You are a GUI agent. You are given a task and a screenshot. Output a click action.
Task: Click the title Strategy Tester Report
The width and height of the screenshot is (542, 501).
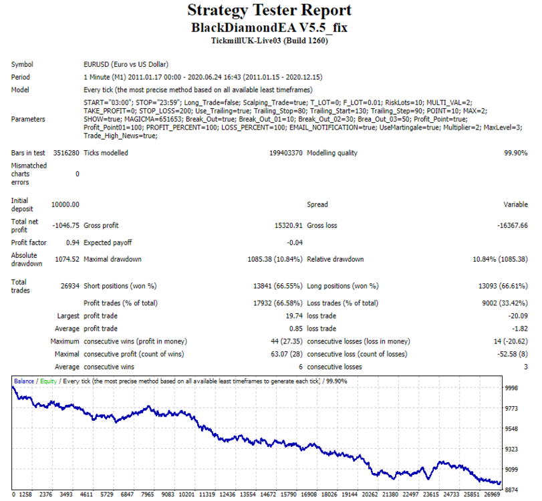pyautogui.click(x=269, y=11)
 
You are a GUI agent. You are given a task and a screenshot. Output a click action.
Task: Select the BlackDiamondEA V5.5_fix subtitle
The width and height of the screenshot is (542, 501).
pyautogui.click(x=269, y=27)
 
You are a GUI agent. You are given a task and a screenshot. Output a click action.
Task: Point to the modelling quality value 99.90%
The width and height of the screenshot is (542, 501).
pyautogui.click(x=515, y=153)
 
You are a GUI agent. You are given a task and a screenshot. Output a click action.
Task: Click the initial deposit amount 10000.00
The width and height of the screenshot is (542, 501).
pyautogui.click(x=65, y=204)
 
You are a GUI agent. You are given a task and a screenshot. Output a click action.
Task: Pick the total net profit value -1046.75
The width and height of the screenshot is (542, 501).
pyautogui.click(x=65, y=226)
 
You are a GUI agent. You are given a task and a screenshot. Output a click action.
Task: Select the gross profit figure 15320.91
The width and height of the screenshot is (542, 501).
pyautogui.click(x=288, y=226)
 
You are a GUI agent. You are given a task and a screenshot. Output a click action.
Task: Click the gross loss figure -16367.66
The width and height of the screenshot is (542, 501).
pyautogui.click(x=513, y=226)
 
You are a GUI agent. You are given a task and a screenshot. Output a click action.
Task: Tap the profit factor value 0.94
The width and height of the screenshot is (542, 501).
pyautogui.click(x=73, y=243)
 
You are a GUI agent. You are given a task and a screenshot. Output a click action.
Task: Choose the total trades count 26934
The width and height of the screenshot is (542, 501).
pyautogui.click(x=70, y=286)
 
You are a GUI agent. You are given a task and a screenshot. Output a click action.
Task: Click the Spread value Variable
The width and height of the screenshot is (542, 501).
pyautogui.click(x=515, y=204)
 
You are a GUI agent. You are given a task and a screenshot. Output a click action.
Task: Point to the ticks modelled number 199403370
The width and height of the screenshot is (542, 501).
pyautogui.click(x=286, y=153)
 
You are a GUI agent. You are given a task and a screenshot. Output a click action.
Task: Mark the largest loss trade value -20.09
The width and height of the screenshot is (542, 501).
pyautogui.click(x=518, y=316)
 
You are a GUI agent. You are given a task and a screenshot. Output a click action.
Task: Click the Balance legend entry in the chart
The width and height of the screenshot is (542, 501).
pyautogui.click(x=24, y=381)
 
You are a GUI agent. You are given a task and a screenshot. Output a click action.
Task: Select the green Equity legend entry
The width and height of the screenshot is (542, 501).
pyautogui.click(x=48, y=381)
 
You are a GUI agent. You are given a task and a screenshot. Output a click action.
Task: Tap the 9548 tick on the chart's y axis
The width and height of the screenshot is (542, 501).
pyautogui.click(x=511, y=429)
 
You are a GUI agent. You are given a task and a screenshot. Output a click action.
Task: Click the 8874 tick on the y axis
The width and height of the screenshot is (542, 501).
pyautogui.click(x=511, y=490)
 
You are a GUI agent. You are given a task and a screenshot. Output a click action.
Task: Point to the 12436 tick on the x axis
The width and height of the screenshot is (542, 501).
pyautogui.click(x=227, y=494)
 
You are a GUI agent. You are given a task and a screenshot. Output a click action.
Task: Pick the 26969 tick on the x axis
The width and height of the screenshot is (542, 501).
pyautogui.click(x=492, y=494)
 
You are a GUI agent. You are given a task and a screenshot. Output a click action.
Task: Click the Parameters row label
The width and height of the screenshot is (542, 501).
pyautogui.click(x=28, y=119)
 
